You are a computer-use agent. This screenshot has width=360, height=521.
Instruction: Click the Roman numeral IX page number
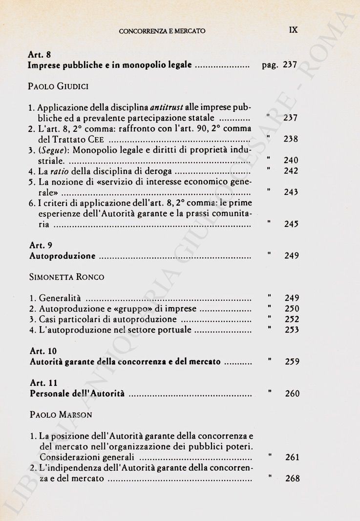[294, 30]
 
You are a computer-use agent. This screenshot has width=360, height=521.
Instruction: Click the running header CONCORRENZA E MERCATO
[162, 31]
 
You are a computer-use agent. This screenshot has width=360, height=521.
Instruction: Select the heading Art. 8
[39, 55]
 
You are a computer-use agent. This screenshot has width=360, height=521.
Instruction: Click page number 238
[291, 140]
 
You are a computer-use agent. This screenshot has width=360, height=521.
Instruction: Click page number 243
[291, 192]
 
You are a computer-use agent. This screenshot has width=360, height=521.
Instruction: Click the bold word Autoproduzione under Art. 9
[63, 256]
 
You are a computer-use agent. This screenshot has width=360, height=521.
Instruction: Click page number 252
[292, 319]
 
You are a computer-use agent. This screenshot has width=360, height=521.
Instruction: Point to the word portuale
[171, 330]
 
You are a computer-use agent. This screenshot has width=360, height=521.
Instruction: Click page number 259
[292, 362]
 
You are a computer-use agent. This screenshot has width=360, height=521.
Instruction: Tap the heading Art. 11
[43, 383]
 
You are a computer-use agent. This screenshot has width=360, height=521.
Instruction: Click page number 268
[292, 479]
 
